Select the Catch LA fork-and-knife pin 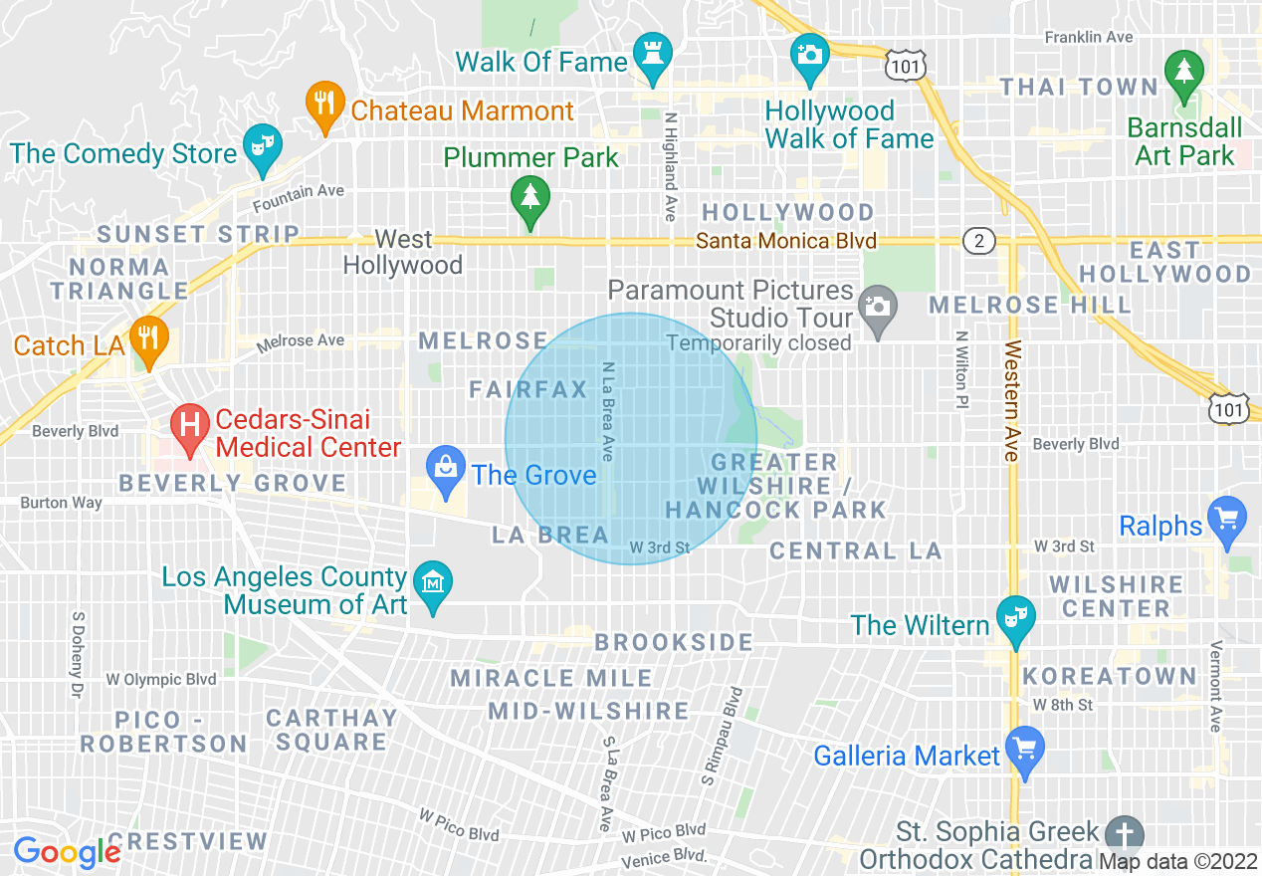click(x=148, y=341)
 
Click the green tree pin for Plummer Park click(x=528, y=198)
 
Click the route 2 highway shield click(x=978, y=240)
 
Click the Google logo click(x=67, y=852)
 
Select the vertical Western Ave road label click(x=1012, y=401)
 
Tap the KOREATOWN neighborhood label click(x=1110, y=677)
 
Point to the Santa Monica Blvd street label click(x=786, y=241)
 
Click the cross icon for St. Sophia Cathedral click(x=1125, y=832)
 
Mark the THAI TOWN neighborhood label click(x=1079, y=87)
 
